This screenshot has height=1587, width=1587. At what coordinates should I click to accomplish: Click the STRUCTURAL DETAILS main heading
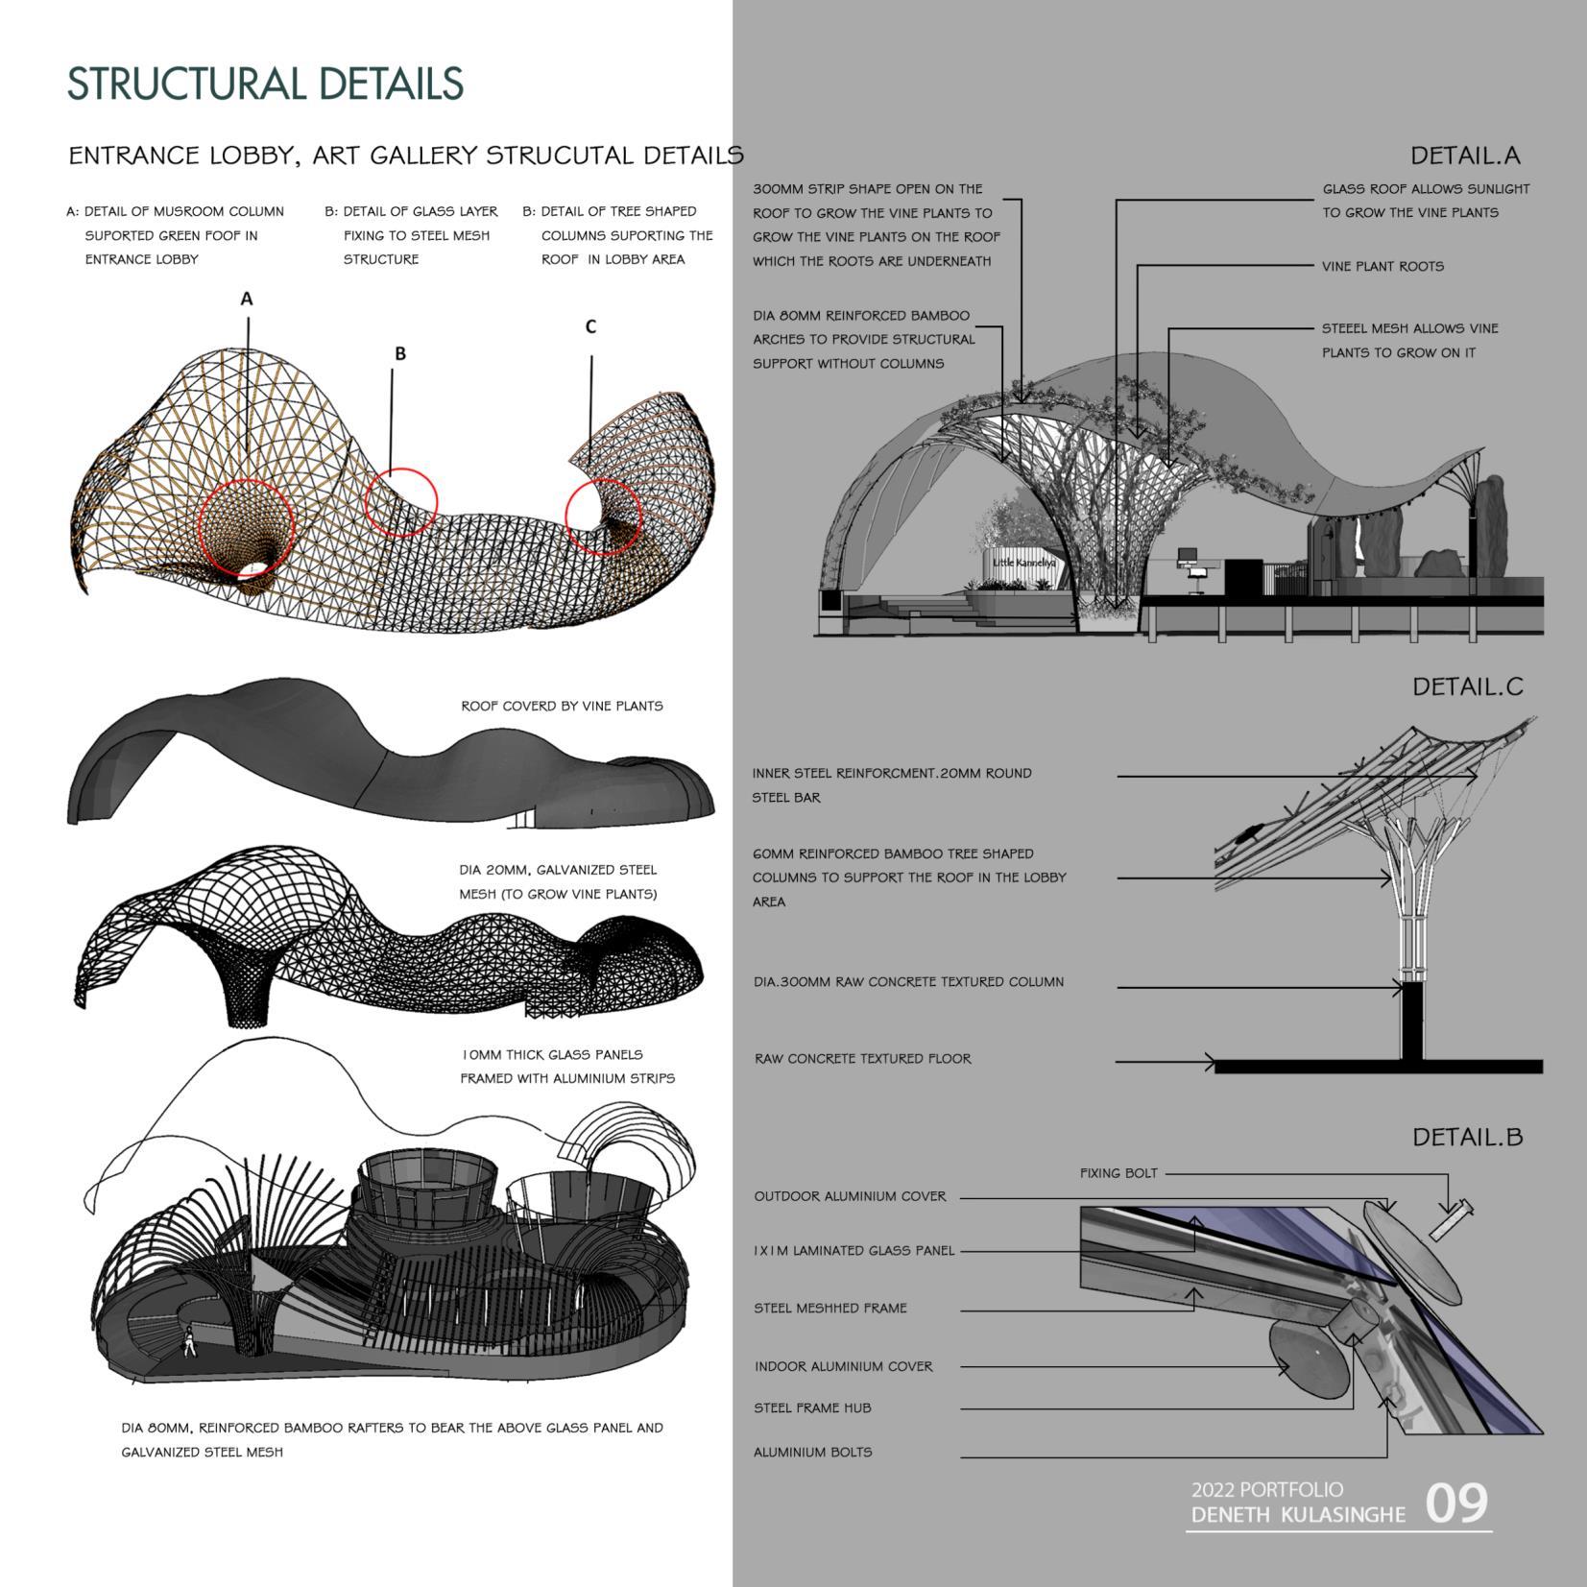click(266, 84)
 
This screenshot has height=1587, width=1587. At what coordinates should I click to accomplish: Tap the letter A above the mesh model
click(247, 299)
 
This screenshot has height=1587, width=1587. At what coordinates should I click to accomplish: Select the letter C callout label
click(590, 326)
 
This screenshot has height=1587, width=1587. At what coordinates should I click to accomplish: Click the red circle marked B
click(402, 501)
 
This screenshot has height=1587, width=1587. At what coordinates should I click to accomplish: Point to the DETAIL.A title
click(1465, 156)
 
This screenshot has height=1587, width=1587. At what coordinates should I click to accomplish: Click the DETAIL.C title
click(1467, 686)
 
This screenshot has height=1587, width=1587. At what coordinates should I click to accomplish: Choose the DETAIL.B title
click(1467, 1137)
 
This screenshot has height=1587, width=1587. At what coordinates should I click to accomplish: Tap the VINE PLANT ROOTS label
click(1383, 267)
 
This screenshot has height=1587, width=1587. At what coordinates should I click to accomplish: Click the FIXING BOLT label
click(1118, 1173)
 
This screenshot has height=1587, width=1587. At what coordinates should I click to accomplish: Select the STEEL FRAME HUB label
click(812, 1407)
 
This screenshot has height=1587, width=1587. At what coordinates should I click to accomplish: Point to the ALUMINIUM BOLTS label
click(813, 1452)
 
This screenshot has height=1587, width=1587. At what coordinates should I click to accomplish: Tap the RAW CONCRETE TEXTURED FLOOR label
click(862, 1059)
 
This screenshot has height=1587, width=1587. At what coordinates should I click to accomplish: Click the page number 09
click(1456, 1503)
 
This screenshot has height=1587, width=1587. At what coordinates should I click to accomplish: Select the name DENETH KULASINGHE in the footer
click(1298, 1515)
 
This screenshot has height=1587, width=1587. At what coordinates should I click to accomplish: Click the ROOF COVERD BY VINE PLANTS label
click(562, 706)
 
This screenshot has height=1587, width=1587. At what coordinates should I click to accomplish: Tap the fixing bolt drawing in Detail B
click(1451, 1219)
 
